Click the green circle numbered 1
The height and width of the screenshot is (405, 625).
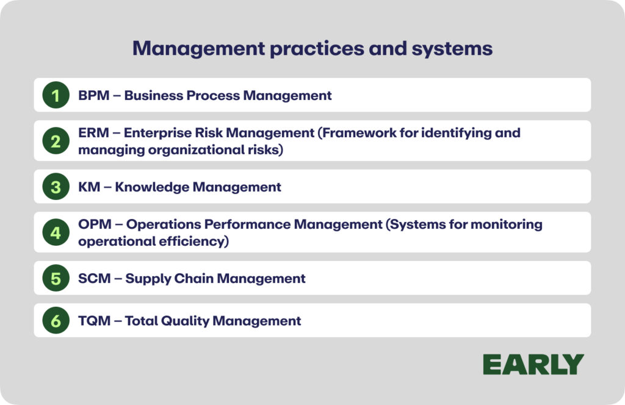[56, 95]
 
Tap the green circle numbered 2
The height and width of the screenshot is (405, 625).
[56, 140]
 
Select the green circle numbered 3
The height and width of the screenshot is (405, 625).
[56, 187]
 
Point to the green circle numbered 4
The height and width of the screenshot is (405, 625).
[56, 232]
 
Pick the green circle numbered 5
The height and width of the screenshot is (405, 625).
[56, 278]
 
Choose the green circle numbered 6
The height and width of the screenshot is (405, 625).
[56, 320]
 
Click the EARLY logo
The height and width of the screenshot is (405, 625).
[533, 364]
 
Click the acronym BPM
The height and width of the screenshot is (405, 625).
[93, 96]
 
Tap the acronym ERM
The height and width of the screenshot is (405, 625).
[93, 132]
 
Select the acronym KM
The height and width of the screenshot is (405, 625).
[89, 187]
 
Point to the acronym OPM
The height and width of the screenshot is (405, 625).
[95, 224]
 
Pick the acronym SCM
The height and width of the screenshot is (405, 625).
[95, 278]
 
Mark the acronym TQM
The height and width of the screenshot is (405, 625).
[95, 321]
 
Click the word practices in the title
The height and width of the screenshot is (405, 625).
[317, 49]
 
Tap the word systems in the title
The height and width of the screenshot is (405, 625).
[452, 49]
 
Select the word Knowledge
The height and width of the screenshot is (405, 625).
[151, 187]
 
